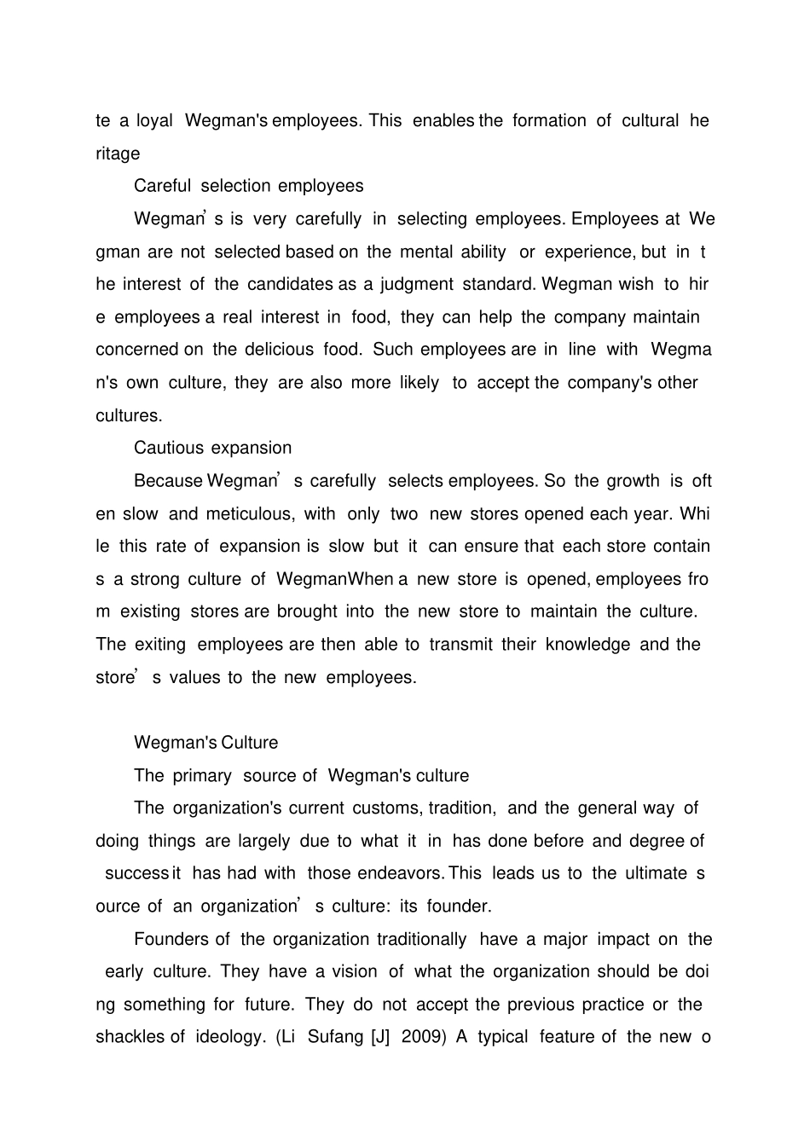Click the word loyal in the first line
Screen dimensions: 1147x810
154,120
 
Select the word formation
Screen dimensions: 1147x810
549,120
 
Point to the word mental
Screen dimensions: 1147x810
426,252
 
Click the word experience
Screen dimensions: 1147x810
589,252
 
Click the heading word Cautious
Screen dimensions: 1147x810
169,448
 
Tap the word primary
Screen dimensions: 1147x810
202,775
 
